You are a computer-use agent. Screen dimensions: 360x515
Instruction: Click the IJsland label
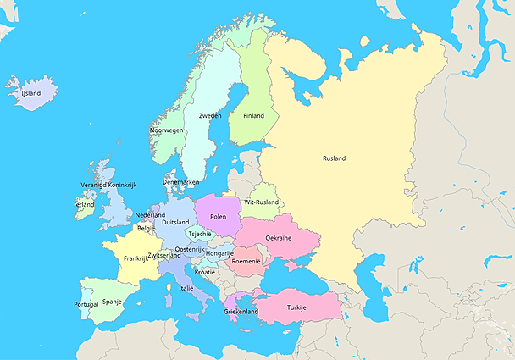(31, 93)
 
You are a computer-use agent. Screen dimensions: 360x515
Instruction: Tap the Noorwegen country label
(167, 130)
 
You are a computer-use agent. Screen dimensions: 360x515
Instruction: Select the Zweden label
(210, 115)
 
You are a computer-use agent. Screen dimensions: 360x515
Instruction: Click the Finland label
(253, 115)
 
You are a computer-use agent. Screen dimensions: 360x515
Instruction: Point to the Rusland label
(334, 158)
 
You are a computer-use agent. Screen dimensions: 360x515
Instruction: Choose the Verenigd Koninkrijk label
(109, 184)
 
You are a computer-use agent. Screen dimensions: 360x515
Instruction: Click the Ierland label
(85, 204)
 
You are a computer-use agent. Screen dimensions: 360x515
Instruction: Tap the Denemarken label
(181, 182)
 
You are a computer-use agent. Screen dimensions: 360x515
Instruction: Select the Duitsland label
(174, 222)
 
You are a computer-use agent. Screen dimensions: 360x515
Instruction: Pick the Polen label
(219, 216)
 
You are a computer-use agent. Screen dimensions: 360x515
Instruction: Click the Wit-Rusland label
(262, 202)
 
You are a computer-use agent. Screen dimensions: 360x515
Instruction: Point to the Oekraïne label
(279, 238)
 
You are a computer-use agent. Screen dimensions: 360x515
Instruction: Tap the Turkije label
(296, 307)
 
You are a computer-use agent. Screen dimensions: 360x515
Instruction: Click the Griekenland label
(241, 312)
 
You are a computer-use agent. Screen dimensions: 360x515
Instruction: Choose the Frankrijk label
(136, 258)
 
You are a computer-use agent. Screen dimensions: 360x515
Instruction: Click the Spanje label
(113, 301)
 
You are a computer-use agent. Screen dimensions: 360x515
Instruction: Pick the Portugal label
(86, 303)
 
